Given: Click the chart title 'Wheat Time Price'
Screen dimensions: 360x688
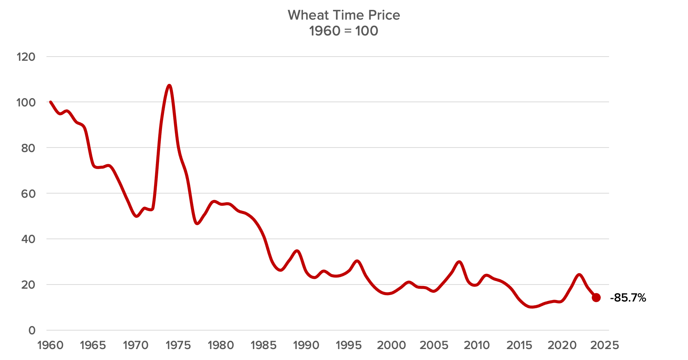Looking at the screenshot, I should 344,15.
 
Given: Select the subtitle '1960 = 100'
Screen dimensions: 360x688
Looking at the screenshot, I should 344,31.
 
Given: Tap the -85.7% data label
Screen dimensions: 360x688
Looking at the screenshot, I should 628,298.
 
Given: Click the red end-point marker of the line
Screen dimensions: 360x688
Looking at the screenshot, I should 596,298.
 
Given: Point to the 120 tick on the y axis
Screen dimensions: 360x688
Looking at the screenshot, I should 26,57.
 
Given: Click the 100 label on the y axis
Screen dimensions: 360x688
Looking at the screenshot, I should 26,102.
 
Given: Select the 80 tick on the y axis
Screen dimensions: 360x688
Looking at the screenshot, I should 28,148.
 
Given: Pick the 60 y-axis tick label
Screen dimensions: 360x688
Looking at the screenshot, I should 28,194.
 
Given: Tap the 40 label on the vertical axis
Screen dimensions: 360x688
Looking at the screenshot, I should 28,239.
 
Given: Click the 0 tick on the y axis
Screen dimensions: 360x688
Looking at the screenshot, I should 32,331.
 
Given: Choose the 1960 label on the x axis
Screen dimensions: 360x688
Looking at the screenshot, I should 50,345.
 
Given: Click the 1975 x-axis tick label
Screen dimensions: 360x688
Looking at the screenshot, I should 178,345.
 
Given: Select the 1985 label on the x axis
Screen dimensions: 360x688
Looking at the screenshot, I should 264,345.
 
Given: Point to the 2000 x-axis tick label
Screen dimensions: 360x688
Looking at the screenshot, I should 392,345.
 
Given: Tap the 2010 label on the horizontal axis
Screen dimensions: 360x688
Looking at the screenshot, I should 477,345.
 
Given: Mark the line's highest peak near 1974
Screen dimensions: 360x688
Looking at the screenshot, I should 169,86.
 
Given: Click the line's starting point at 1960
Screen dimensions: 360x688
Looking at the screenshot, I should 50,102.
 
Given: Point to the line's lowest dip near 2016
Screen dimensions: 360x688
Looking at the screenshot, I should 532,307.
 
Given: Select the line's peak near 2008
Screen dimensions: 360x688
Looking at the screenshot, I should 459,262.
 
